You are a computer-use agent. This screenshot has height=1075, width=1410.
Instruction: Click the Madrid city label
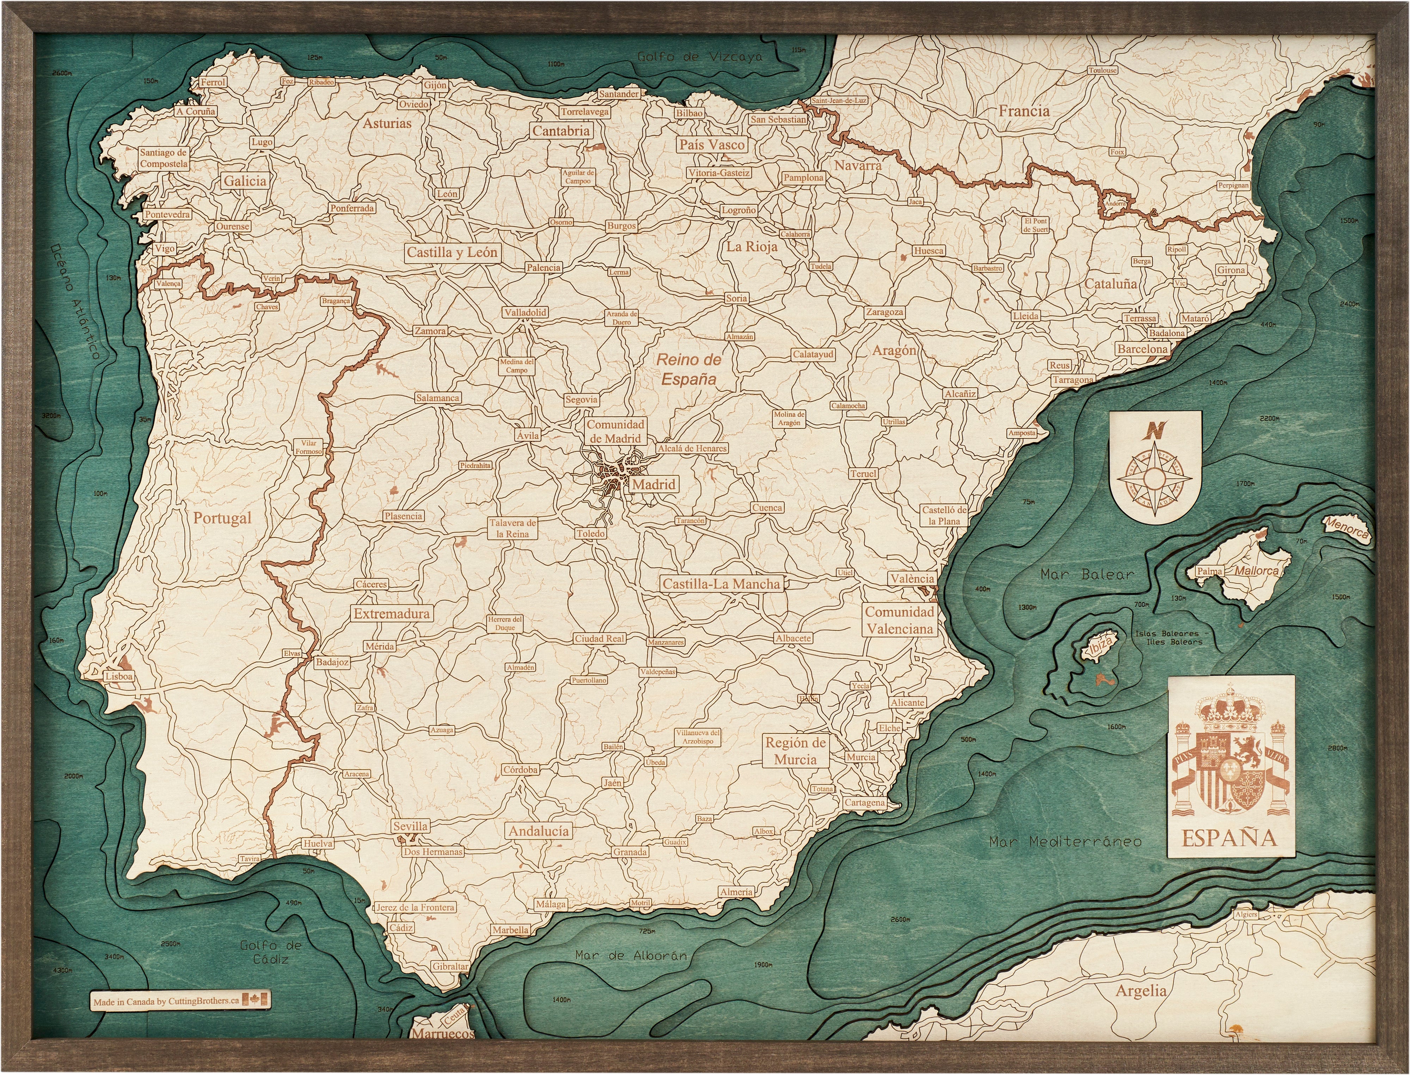(x=654, y=484)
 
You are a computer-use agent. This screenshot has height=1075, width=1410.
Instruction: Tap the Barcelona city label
(x=1142, y=350)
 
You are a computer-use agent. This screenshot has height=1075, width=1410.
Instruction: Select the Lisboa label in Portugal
(x=119, y=676)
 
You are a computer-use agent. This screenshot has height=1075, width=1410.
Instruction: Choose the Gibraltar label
(x=450, y=966)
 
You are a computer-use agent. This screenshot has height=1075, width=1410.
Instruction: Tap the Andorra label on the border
(x=1115, y=205)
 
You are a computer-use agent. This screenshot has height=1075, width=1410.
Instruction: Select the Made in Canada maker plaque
(x=180, y=1001)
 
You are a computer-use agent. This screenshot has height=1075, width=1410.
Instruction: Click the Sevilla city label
(x=410, y=826)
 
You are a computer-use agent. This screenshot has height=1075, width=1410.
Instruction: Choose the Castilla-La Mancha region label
(x=721, y=583)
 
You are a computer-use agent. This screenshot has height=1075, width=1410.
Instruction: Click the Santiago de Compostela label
(x=164, y=158)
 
